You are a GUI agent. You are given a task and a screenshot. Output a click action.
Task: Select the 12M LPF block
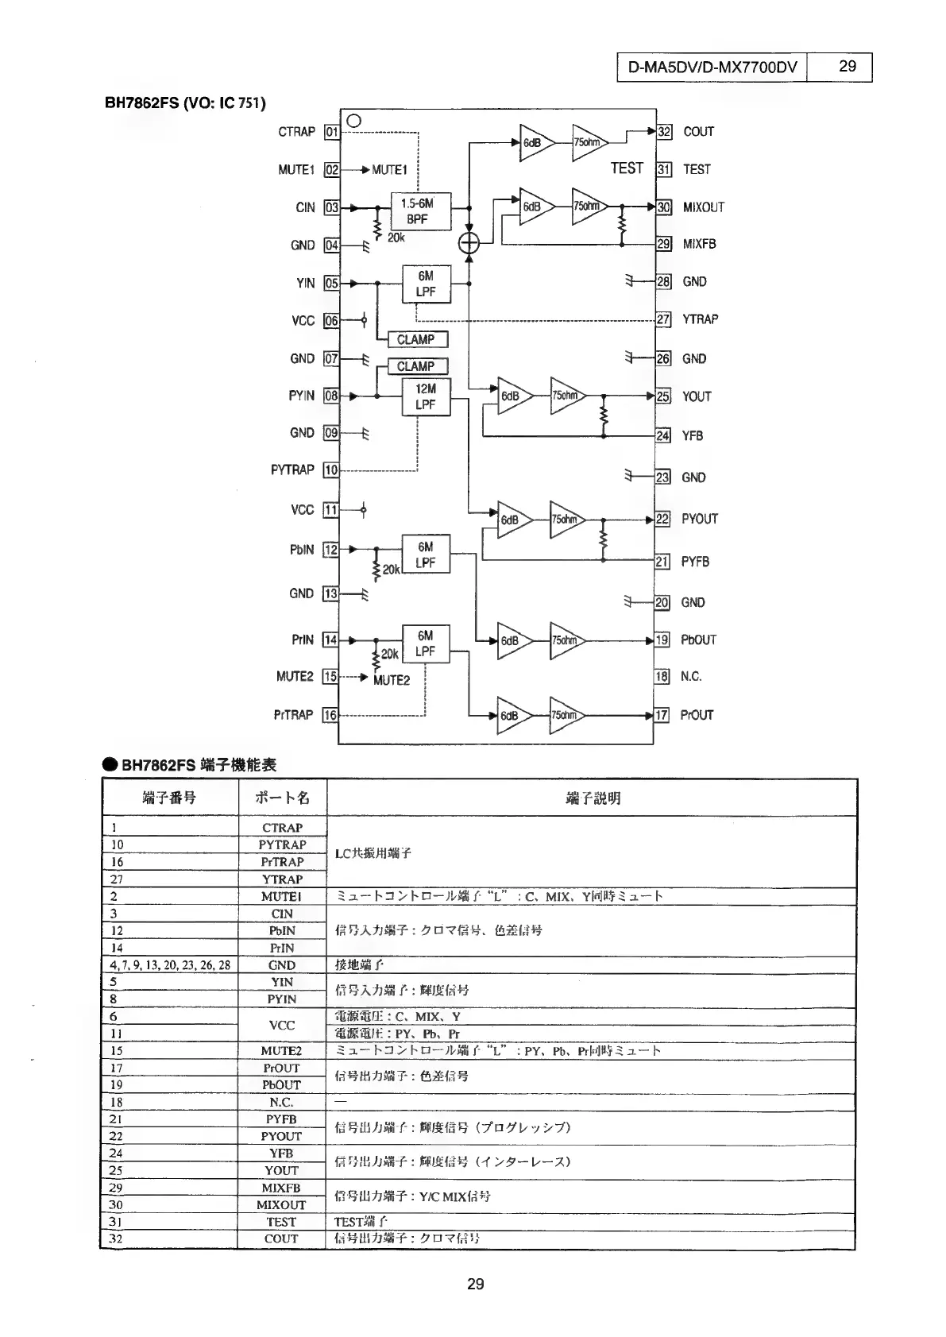[426, 397]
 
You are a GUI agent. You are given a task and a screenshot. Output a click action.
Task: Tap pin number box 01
[332, 132]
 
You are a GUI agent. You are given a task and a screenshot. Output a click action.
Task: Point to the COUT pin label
[698, 132]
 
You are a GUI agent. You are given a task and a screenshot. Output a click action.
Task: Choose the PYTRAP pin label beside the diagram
[292, 469]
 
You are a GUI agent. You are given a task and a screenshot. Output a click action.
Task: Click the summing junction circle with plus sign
[469, 243]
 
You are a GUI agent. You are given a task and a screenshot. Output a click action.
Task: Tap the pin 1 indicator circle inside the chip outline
[354, 121]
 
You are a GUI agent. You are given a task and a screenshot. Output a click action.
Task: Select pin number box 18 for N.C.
[662, 677]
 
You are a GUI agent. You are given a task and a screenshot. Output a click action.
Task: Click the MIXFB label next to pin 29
[699, 244]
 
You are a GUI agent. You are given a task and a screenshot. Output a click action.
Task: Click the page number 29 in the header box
[848, 67]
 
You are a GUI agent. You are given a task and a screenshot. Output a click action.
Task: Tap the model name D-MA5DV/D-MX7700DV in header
[712, 68]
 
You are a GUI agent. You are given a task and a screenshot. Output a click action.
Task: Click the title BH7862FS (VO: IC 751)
[185, 103]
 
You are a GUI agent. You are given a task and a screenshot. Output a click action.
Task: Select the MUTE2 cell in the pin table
[281, 1050]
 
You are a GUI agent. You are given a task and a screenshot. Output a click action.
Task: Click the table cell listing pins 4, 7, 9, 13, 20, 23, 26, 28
[170, 965]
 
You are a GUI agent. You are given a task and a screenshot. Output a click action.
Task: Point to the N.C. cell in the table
[281, 1102]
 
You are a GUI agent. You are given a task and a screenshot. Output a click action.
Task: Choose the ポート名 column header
[282, 798]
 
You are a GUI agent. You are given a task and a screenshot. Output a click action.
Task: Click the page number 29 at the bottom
[475, 1284]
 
